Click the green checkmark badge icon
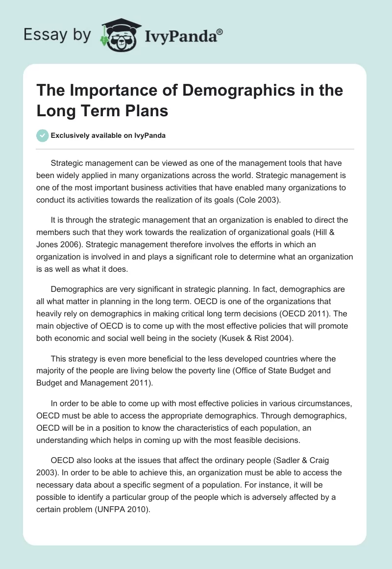[x=43, y=135]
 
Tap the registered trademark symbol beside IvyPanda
[x=220, y=31]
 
